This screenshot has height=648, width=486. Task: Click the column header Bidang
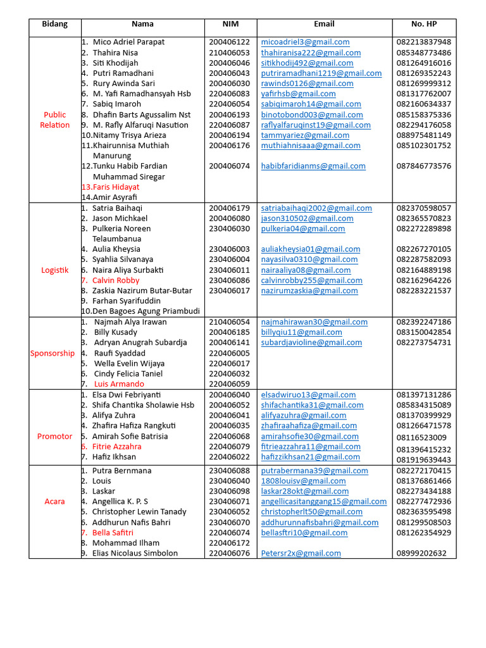tap(54, 24)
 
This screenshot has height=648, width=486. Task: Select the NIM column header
tap(230, 24)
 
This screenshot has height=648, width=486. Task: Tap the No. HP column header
tap(423, 24)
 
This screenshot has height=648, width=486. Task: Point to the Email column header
tap(324, 24)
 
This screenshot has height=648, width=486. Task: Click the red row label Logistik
tap(54, 270)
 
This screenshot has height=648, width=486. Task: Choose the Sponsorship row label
tap(53, 353)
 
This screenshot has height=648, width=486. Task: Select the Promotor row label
tap(54, 436)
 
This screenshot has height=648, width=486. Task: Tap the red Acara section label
tap(54, 501)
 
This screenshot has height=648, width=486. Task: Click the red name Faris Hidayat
tap(116, 187)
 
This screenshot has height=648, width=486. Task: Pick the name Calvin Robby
tap(116, 280)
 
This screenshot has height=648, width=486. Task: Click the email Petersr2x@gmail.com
tap(301, 553)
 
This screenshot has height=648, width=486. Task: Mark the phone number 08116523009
tap(421, 437)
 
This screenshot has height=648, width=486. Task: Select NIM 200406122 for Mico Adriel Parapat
tap(229, 42)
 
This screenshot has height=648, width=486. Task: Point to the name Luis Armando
tap(119, 384)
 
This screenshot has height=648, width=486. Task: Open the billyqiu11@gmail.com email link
tap(301, 332)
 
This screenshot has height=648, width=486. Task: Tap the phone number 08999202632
tap(421, 553)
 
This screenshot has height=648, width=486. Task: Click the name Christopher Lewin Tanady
tap(139, 512)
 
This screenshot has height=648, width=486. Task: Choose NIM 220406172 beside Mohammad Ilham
tap(229, 543)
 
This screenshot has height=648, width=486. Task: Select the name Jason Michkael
tap(120, 218)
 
